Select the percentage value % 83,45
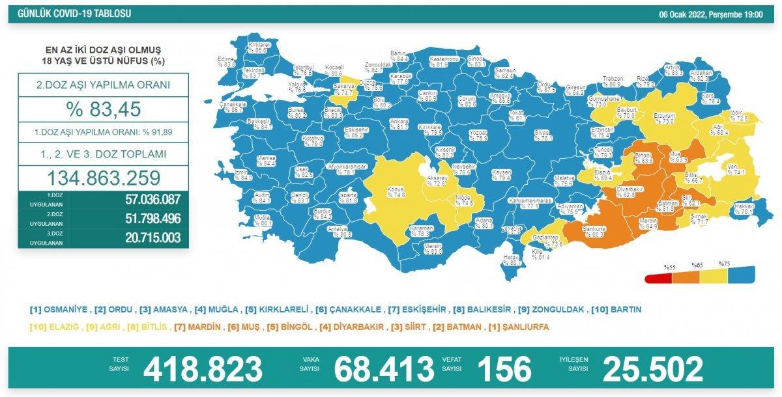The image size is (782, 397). point(102,109)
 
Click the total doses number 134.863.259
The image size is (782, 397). point(102,177)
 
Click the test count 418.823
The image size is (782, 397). point(203,369)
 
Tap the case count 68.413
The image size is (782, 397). point(384,369)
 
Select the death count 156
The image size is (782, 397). point(504,369)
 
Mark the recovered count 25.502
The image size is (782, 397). point(653,369)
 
